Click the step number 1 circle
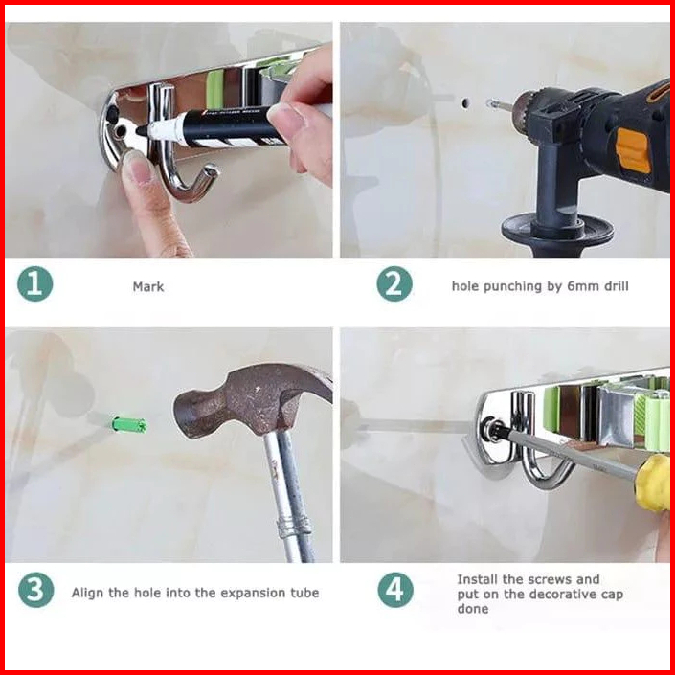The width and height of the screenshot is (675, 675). (x=35, y=283)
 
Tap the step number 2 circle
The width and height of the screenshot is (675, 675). (x=394, y=283)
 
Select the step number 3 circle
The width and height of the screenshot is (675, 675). (x=36, y=590)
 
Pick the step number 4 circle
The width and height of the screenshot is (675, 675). (x=395, y=590)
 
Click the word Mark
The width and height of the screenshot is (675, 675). (x=148, y=286)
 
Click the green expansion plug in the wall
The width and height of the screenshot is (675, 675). (x=128, y=425)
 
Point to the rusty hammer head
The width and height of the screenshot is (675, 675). (x=252, y=398)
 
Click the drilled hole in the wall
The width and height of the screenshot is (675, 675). (x=465, y=103)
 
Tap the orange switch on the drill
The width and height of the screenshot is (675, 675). (x=632, y=150)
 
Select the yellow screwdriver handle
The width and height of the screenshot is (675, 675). (x=653, y=483)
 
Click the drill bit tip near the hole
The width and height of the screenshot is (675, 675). (x=490, y=103)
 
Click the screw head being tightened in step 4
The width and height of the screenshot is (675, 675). (x=491, y=429)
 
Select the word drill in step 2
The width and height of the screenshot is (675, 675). (x=616, y=286)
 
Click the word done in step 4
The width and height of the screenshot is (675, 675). (x=473, y=609)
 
